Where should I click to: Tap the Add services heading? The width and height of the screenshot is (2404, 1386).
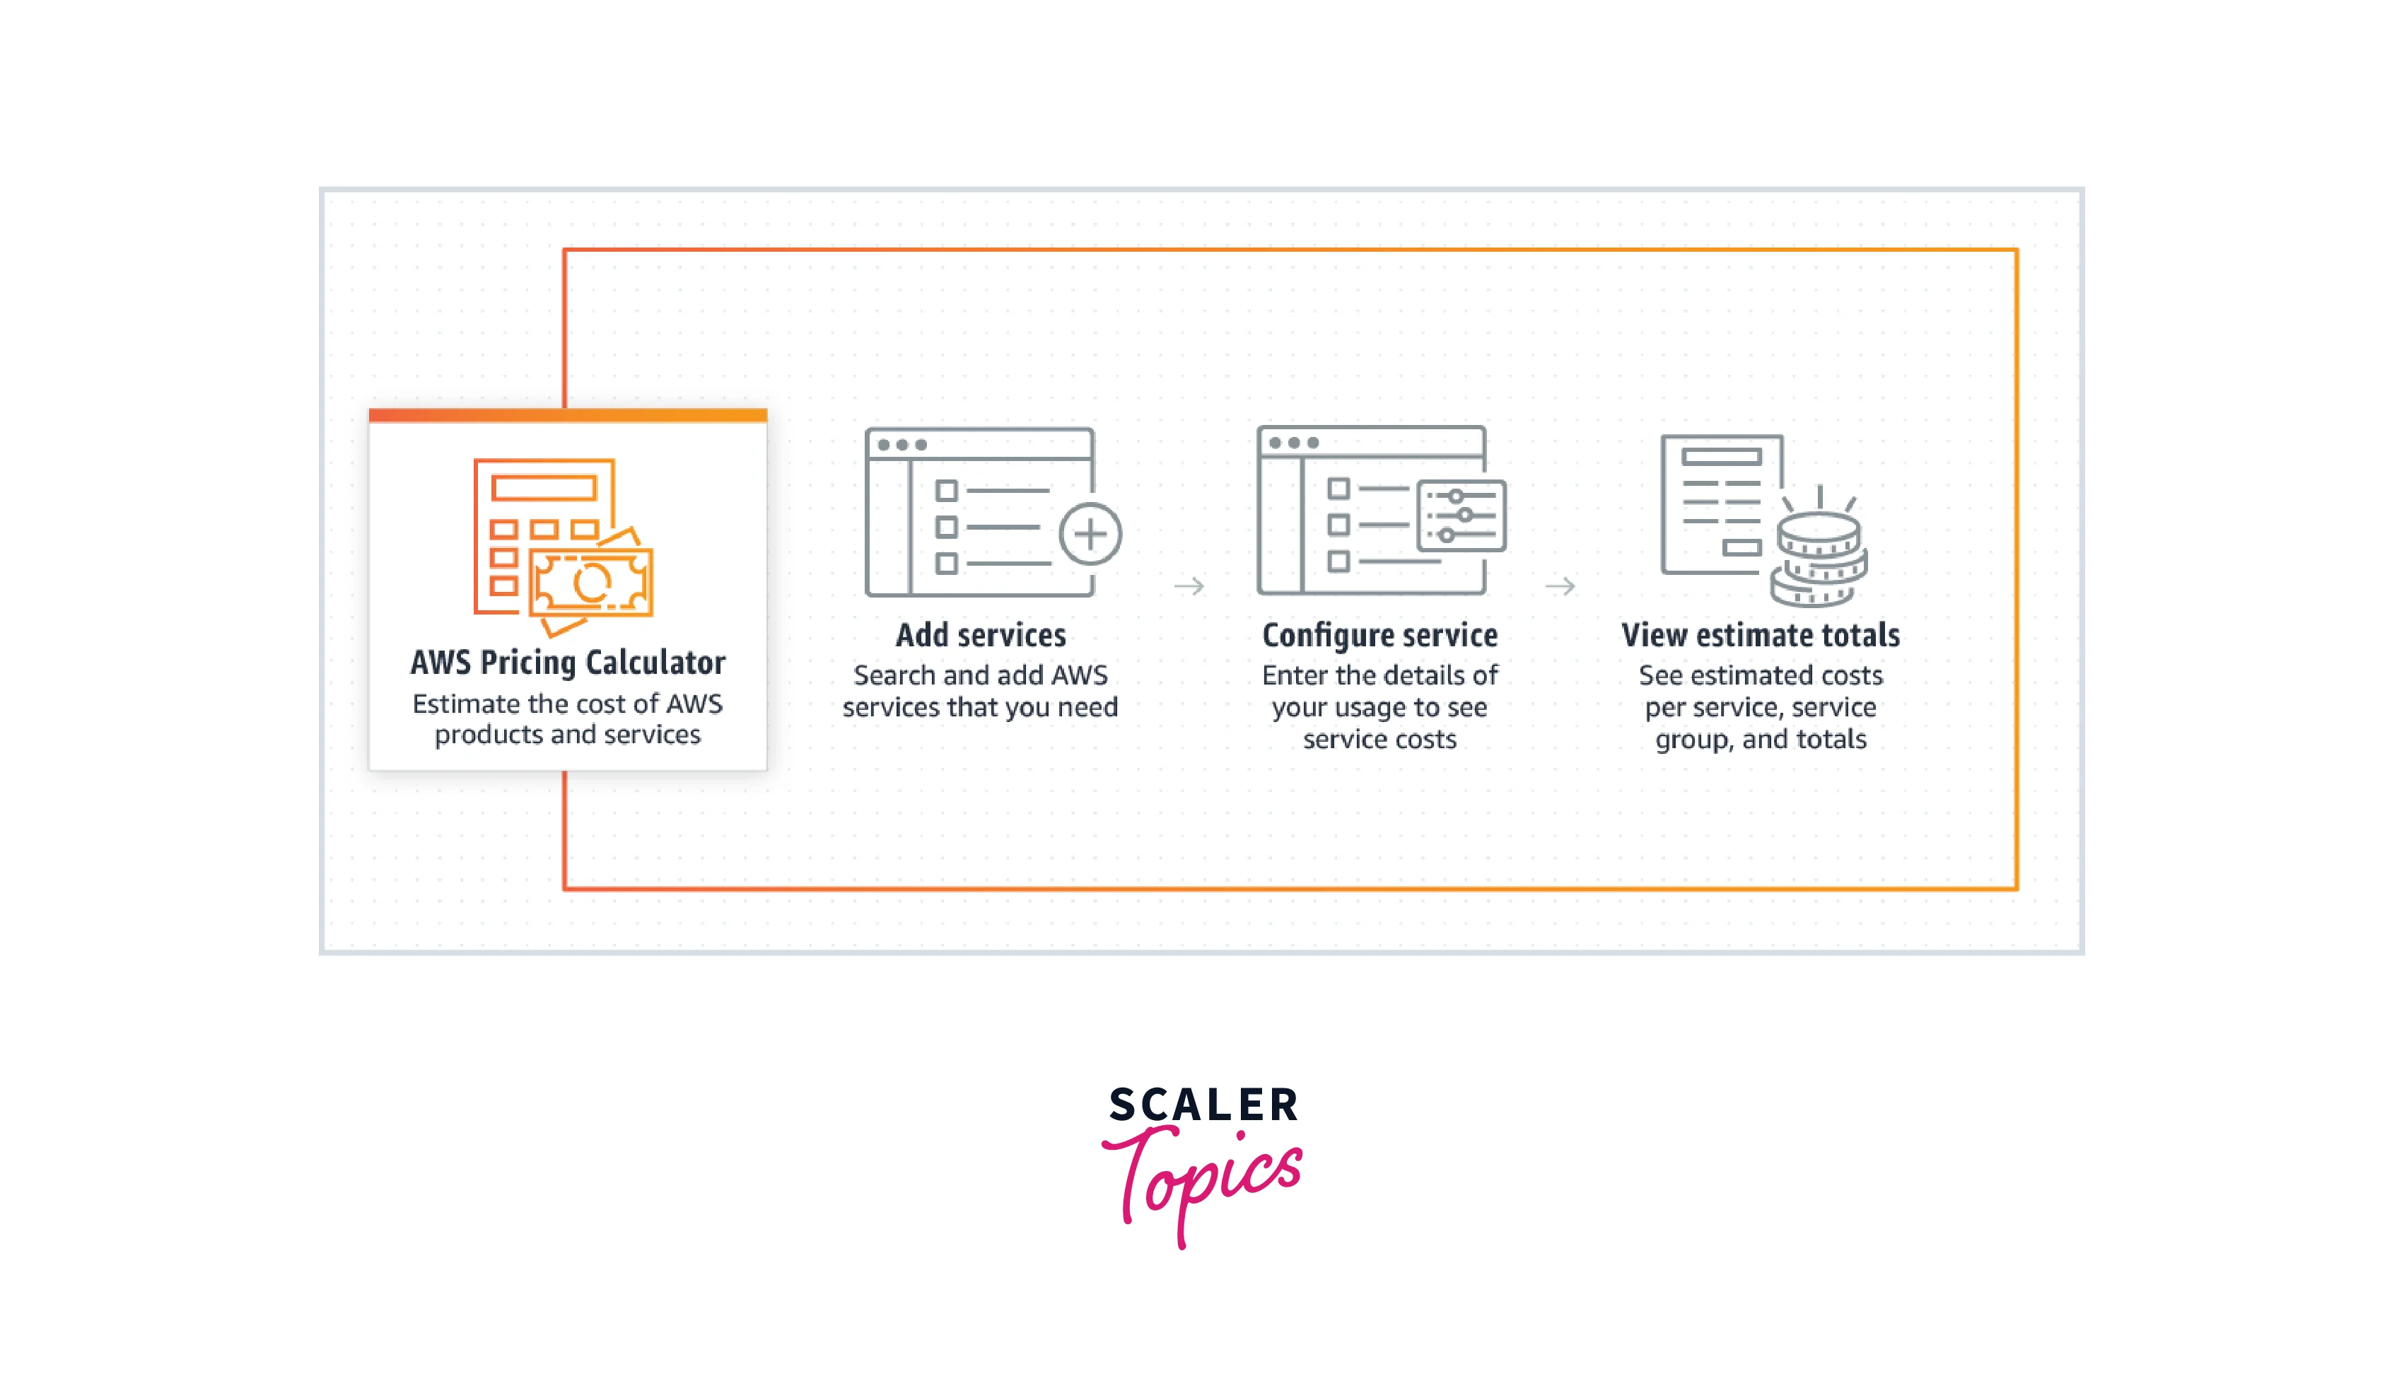click(980, 635)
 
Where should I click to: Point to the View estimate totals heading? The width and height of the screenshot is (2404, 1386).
click(1760, 635)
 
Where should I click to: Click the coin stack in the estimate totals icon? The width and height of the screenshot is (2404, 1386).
click(1818, 560)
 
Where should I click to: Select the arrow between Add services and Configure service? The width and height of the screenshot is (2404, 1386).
click(1189, 586)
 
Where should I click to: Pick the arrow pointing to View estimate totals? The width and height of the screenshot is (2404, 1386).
click(1560, 586)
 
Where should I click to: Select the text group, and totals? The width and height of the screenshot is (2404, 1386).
click(1760, 740)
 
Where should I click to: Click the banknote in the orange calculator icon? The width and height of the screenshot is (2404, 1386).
click(591, 583)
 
